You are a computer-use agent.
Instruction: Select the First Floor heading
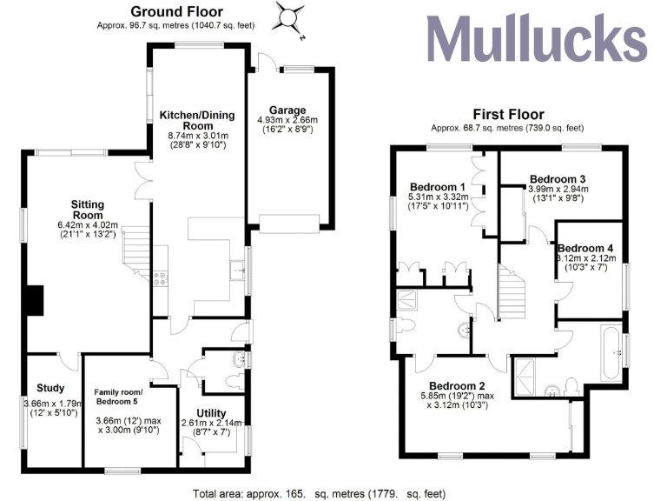(508, 114)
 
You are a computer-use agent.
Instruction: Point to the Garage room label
(287, 110)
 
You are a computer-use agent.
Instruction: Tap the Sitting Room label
(87, 210)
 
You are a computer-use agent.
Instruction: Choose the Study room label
(50, 388)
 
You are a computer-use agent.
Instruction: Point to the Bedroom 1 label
(438, 186)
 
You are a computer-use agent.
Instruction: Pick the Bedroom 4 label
(585, 247)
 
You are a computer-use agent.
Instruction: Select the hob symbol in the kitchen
(160, 278)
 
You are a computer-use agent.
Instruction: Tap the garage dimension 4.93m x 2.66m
(287, 120)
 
